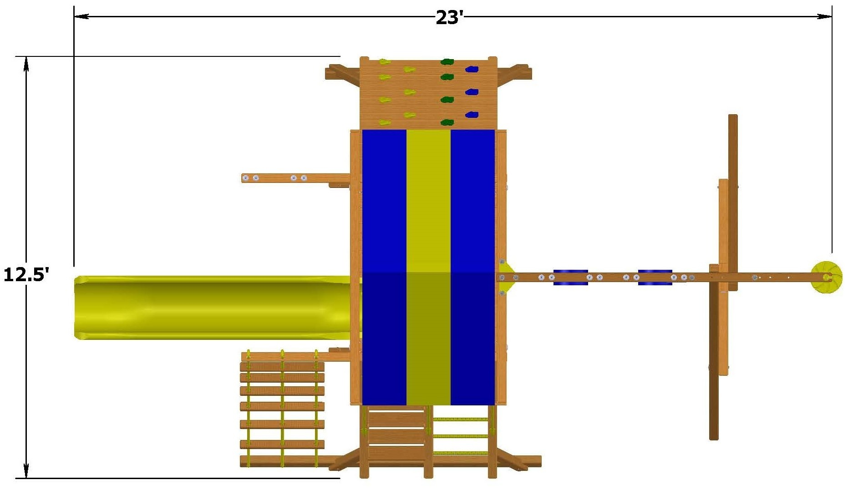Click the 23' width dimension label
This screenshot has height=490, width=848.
point(449,17)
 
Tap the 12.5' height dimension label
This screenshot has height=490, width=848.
point(26,274)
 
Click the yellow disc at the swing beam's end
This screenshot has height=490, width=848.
point(826,277)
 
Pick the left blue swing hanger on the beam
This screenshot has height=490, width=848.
point(570,278)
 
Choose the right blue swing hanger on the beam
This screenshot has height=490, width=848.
point(655,278)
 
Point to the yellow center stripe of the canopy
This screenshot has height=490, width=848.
point(428,267)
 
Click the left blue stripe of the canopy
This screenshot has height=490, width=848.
point(384,267)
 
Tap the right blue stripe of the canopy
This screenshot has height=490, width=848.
point(472,267)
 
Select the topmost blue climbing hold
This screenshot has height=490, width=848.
point(472,70)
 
